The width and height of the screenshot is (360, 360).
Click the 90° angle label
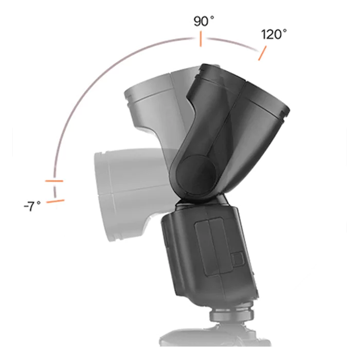pos(204,21)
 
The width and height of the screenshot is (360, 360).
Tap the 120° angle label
pos(274,34)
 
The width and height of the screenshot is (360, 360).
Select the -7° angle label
pos(32,206)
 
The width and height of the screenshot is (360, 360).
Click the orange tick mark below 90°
pos(201,39)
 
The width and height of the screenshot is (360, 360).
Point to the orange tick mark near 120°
pos(262,53)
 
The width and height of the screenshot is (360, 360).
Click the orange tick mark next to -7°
pos(56,201)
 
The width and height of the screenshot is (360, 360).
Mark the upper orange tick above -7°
pos(54,181)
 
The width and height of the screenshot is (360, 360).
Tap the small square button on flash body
pos(238,259)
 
